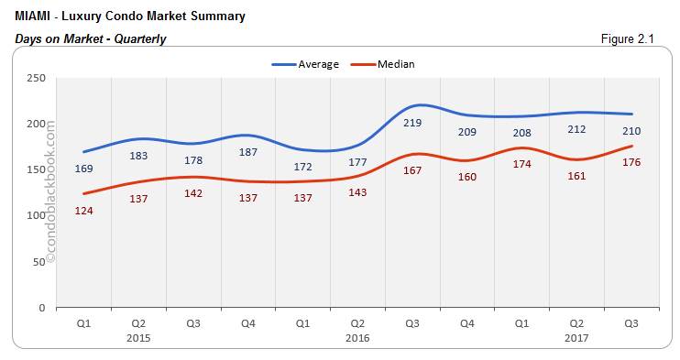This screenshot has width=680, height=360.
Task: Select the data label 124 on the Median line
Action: point(83,211)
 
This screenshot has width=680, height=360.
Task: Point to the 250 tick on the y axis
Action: point(38,78)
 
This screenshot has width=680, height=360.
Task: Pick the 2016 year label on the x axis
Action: point(357,337)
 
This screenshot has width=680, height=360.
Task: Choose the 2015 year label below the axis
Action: point(138,337)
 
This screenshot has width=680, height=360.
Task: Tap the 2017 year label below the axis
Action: point(577,337)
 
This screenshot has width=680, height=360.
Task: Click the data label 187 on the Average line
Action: point(248,152)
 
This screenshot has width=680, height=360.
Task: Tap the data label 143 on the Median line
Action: point(357,192)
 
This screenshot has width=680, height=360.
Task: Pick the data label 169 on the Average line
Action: point(83,169)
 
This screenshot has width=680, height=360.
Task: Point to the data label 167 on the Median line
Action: point(412,170)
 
